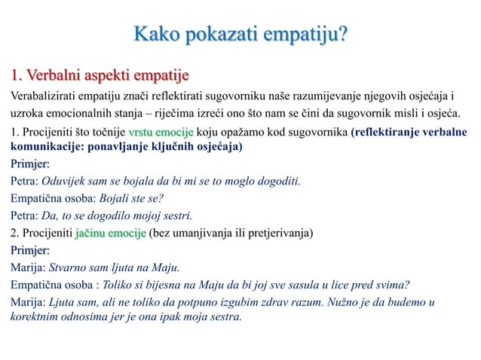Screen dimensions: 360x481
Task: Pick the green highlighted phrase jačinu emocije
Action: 110,230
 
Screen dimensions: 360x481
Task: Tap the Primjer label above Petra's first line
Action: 30,165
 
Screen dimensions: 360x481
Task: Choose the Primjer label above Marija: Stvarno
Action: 30,250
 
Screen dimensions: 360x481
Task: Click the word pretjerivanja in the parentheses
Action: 276,230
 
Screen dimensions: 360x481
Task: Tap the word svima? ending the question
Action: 393,284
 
